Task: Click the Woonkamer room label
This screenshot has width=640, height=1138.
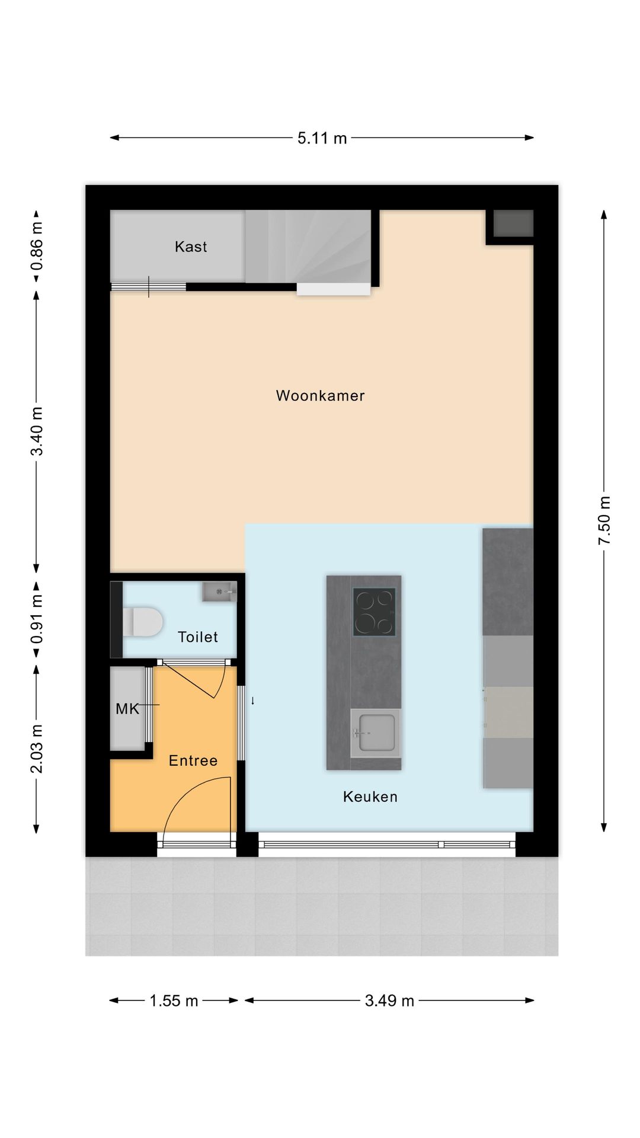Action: pos(320,395)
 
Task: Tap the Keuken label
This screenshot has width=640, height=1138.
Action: pos(370,797)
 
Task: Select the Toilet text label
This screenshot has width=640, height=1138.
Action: pos(197,637)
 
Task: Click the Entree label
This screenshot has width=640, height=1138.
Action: pos(193,760)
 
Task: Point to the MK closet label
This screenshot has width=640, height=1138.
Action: pos(127,709)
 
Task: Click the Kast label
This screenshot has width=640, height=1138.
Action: pos(191,247)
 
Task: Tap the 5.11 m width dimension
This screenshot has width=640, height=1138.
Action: pos(322,138)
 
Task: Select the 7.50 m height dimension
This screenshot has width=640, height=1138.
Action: pos(604,520)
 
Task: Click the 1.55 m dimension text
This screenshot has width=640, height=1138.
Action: pos(173,1000)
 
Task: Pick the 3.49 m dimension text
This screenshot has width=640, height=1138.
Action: pos(389,1000)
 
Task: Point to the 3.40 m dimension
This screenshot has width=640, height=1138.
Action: pos(37,431)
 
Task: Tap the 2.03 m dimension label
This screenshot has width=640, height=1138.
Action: pos(37,748)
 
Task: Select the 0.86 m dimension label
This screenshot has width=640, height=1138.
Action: pos(37,245)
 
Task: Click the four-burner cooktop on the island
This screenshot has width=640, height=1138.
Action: pos(374,611)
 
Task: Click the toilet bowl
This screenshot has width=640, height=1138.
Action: pos(145,621)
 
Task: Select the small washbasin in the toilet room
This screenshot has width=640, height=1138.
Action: pos(219,592)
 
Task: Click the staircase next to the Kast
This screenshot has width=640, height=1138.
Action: pos(308,246)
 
